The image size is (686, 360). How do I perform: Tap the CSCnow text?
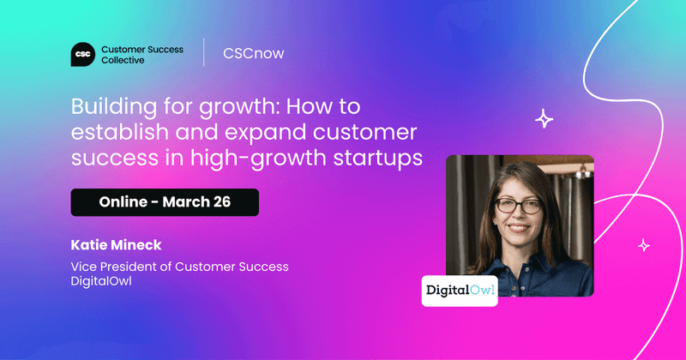[x=253, y=53]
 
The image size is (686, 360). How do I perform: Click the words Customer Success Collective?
[x=141, y=54]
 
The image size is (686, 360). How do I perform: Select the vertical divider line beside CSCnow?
[x=204, y=53]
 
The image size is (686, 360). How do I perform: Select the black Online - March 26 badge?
[x=165, y=202]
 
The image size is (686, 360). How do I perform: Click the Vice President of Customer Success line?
[x=179, y=267]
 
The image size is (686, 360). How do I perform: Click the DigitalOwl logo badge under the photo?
[x=460, y=290]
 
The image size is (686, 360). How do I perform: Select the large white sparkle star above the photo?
[x=544, y=119]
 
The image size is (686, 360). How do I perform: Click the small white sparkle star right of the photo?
[x=644, y=246]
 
